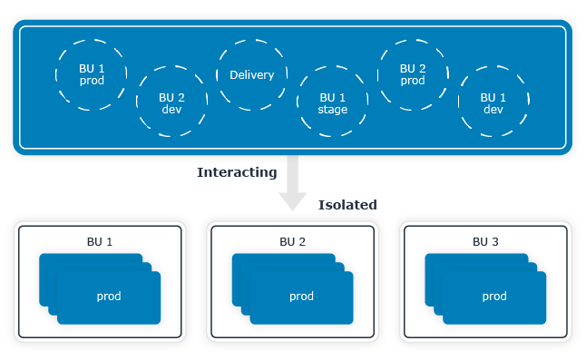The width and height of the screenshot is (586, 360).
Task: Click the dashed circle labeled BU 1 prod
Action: click(x=92, y=74)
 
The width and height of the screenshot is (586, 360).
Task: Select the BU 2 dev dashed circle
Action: click(x=172, y=102)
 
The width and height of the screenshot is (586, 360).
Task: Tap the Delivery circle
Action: click(x=252, y=75)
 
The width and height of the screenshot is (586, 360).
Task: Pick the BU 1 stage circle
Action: click(x=333, y=102)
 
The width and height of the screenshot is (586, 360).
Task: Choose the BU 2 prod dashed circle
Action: click(x=413, y=74)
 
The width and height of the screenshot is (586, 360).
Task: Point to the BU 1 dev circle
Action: click(x=493, y=102)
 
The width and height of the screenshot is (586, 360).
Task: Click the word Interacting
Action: click(x=237, y=171)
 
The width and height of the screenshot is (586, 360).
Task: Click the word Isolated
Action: click(x=347, y=205)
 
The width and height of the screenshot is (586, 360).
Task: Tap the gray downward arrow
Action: click(x=293, y=186)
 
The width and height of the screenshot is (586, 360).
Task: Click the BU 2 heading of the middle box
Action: click(x=292, y=241)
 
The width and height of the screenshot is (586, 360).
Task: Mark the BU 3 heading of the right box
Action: click(x=486, y=241)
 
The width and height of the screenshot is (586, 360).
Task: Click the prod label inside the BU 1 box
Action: click(x=109, y=297)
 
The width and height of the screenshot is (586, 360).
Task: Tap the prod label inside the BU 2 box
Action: click(x=302, y=297)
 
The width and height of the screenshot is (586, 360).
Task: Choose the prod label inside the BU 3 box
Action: click(x=494, y=297)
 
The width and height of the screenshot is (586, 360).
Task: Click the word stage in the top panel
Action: click(x=333, y=110)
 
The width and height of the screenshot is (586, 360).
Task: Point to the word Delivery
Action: click(x=252, y=75)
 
